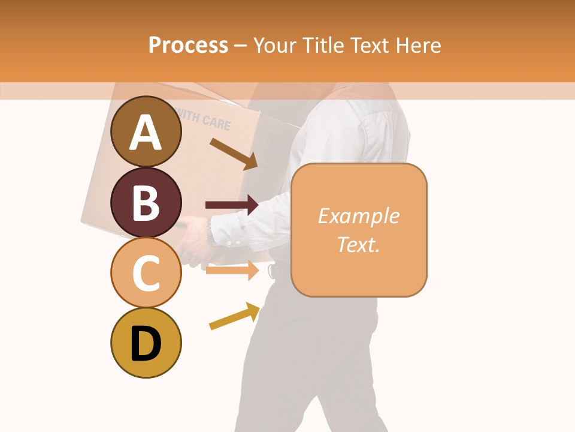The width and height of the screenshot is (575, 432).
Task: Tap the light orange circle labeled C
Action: click(x=146, y=272)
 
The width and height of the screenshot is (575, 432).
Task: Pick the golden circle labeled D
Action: click(x=146, y=343)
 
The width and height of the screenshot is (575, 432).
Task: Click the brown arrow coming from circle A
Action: click(x=233, y=154)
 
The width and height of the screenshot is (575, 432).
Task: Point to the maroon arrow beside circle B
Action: click(x=231, y=205)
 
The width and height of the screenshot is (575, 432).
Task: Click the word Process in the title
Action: click(x=188, y=46)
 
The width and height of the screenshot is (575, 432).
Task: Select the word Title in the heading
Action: click(x=323, y=46)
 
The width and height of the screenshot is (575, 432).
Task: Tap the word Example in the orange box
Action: click(x=358, y=216)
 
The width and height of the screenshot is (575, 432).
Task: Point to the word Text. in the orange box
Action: click(x=358, y=244)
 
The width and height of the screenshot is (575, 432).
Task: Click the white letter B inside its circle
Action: click(x=146, y=203)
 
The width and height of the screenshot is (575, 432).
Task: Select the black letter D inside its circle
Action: click(x=146, y=344)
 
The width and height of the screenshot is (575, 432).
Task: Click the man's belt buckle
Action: click(x=273, y=271)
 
